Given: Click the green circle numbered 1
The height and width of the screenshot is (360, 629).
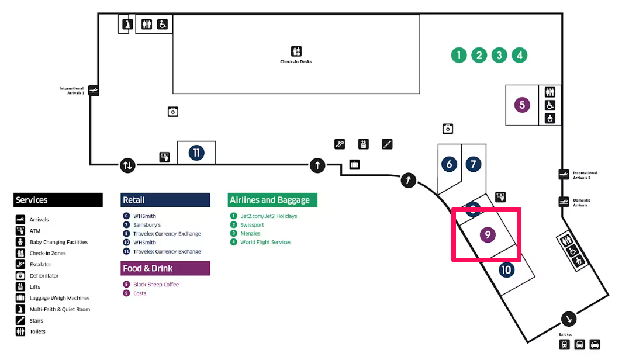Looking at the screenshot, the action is click(x=459, y=56).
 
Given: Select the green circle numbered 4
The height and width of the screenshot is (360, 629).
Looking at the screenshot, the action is click(x=520, y=56).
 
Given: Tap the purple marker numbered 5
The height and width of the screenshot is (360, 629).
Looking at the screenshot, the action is click(x=522, y=105).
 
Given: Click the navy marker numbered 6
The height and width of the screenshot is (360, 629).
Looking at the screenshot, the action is click(x=450, y=164).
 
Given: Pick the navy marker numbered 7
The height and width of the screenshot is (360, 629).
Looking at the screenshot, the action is click(x=474, y=164).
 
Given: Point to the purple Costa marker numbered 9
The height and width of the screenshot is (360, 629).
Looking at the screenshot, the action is click(x=488, y=234).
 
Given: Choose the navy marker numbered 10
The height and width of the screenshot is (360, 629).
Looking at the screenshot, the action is click(x=507, y=270).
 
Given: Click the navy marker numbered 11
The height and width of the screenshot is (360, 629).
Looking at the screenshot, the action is click(x=196, y=153).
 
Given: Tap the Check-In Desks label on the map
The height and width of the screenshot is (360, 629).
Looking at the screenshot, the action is click(x=296, y=62).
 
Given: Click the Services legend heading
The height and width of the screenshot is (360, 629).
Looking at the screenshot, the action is click(x=32, y=200).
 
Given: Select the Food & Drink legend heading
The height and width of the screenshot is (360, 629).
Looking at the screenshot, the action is click(x=148, y=268).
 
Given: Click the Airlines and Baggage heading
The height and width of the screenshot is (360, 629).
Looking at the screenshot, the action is click(x=269, y=200).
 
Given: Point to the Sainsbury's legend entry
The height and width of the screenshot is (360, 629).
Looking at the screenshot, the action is click(x=147, y=225).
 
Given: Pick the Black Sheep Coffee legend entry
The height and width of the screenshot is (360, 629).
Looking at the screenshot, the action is click(x=156, y=284).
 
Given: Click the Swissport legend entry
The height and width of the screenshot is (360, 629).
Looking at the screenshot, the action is click(x=252, y=225).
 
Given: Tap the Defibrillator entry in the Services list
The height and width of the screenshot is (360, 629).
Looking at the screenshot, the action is click(x=44, y=276).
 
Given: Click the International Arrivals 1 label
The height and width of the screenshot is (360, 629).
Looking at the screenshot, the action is click(x=71, y=91).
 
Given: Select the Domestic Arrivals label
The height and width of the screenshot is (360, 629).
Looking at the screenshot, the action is click(x=582, y=202).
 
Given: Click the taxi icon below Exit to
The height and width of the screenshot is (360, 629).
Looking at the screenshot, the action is click(x=595, y=344).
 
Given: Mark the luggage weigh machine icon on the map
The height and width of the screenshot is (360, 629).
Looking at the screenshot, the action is click(x=354, y=164).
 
